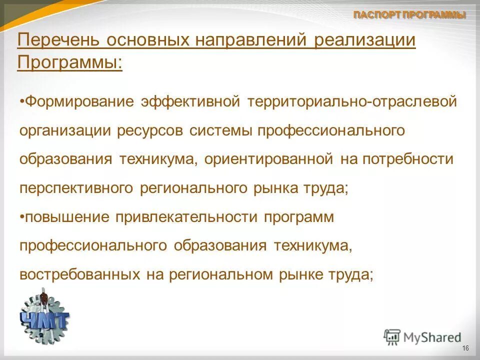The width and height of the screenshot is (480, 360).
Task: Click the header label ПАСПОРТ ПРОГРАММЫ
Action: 409,15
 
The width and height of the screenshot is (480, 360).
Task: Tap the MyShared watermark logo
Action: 422,337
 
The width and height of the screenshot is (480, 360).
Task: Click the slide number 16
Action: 465,348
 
